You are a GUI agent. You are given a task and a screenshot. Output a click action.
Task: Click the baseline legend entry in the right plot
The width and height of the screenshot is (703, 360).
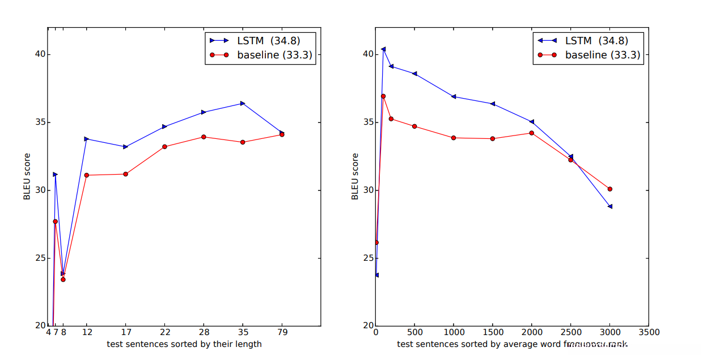coord(590,55)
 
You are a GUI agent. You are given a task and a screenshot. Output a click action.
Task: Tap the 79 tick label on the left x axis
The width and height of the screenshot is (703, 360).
coord(282,333)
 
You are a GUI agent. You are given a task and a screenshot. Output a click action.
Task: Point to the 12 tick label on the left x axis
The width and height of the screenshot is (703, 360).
coord(86,333)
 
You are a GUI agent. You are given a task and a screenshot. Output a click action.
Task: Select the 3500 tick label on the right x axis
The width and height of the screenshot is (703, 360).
coord(649,333)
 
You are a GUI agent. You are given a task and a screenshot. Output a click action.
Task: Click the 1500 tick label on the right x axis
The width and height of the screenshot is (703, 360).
coord(493,333)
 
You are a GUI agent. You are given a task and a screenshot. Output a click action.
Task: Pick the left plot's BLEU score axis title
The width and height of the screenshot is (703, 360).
coord(27,176)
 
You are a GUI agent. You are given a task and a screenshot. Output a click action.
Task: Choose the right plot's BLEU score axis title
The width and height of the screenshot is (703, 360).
coord(355,176)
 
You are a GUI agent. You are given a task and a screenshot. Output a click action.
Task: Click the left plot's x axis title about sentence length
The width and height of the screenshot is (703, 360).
coord(184,344)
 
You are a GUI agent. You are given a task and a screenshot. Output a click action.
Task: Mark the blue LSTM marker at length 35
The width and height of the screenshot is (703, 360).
coord(243,103)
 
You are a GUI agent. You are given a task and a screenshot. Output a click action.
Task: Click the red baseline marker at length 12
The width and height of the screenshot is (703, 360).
coord(86,175)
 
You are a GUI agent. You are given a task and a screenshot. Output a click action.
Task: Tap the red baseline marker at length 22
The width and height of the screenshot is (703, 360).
coord(164,146)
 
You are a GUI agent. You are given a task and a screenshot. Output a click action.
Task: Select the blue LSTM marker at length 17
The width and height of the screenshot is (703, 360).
coord(125,147)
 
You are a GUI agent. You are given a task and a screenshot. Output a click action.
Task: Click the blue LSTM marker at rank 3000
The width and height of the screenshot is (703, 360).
coord(610,206)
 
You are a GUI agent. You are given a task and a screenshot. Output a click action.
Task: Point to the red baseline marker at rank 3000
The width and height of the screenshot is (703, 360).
coord(610,189)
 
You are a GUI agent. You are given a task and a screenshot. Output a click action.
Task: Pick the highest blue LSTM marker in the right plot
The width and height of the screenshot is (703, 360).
coord(383,49)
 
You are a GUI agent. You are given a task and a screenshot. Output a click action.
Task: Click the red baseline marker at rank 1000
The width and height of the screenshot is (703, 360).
coord(454,138)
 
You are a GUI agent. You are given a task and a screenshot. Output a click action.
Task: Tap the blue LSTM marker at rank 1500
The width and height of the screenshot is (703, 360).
coord(493,104)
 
